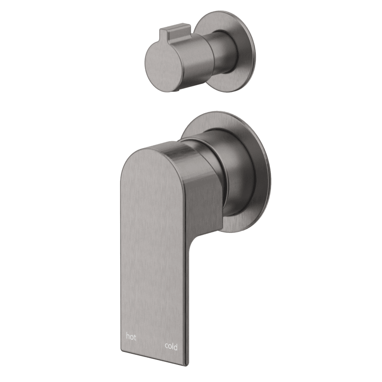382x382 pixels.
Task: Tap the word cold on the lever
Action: pos(171,346)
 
